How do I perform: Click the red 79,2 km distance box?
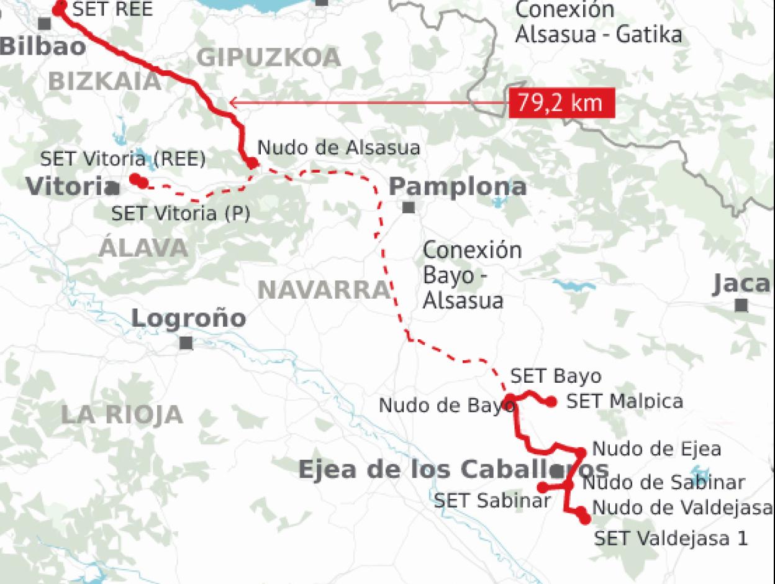[x=561, y=103]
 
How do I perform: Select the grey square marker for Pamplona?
[x=408, y=208]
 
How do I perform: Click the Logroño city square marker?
[x=186, y=343]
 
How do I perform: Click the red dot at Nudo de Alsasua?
[x=252, y=163]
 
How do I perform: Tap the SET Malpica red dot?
[x=551, y=402]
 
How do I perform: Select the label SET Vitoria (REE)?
[x=122, y=159]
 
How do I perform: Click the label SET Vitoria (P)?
[x=180, y=214]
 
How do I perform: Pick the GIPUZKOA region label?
[x=269, y=58]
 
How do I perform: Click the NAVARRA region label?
[x=323, y=290]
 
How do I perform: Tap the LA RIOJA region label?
[x=122, y=415]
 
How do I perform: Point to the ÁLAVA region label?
[x=143, y=248]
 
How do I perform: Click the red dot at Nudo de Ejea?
[x=581, y=452]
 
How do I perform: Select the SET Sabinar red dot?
[x=543, y=487]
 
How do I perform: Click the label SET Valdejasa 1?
[x=671, y=538]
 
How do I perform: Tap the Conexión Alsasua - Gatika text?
[x=598, y=22]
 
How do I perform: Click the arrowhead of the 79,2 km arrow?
[x=232, y=103]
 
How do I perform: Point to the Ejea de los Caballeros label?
[x=453, y=469]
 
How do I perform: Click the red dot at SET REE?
[x=60, y=8]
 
